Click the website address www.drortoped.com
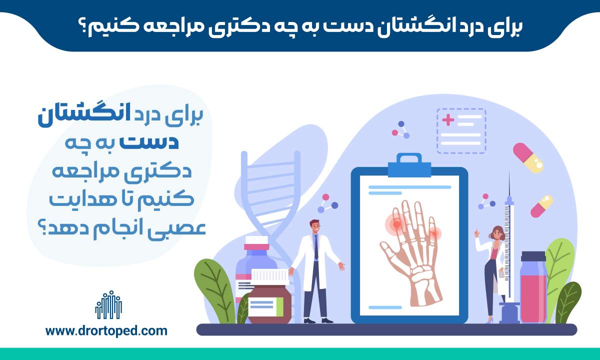(x=106, y=331)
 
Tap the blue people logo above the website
(x=108, y=305)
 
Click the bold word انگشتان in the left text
(x=84, y=115)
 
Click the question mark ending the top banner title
(x=83, y=28)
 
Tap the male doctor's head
(x=315, y=227)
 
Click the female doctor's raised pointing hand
(x=477, y=233)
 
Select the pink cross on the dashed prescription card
(x=448, y=119)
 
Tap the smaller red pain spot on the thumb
(x=434, y=234)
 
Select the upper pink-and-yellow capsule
(x=528, y=158)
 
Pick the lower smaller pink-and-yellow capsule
(x=542, y=206)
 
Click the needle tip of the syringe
(x=509, y=171)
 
